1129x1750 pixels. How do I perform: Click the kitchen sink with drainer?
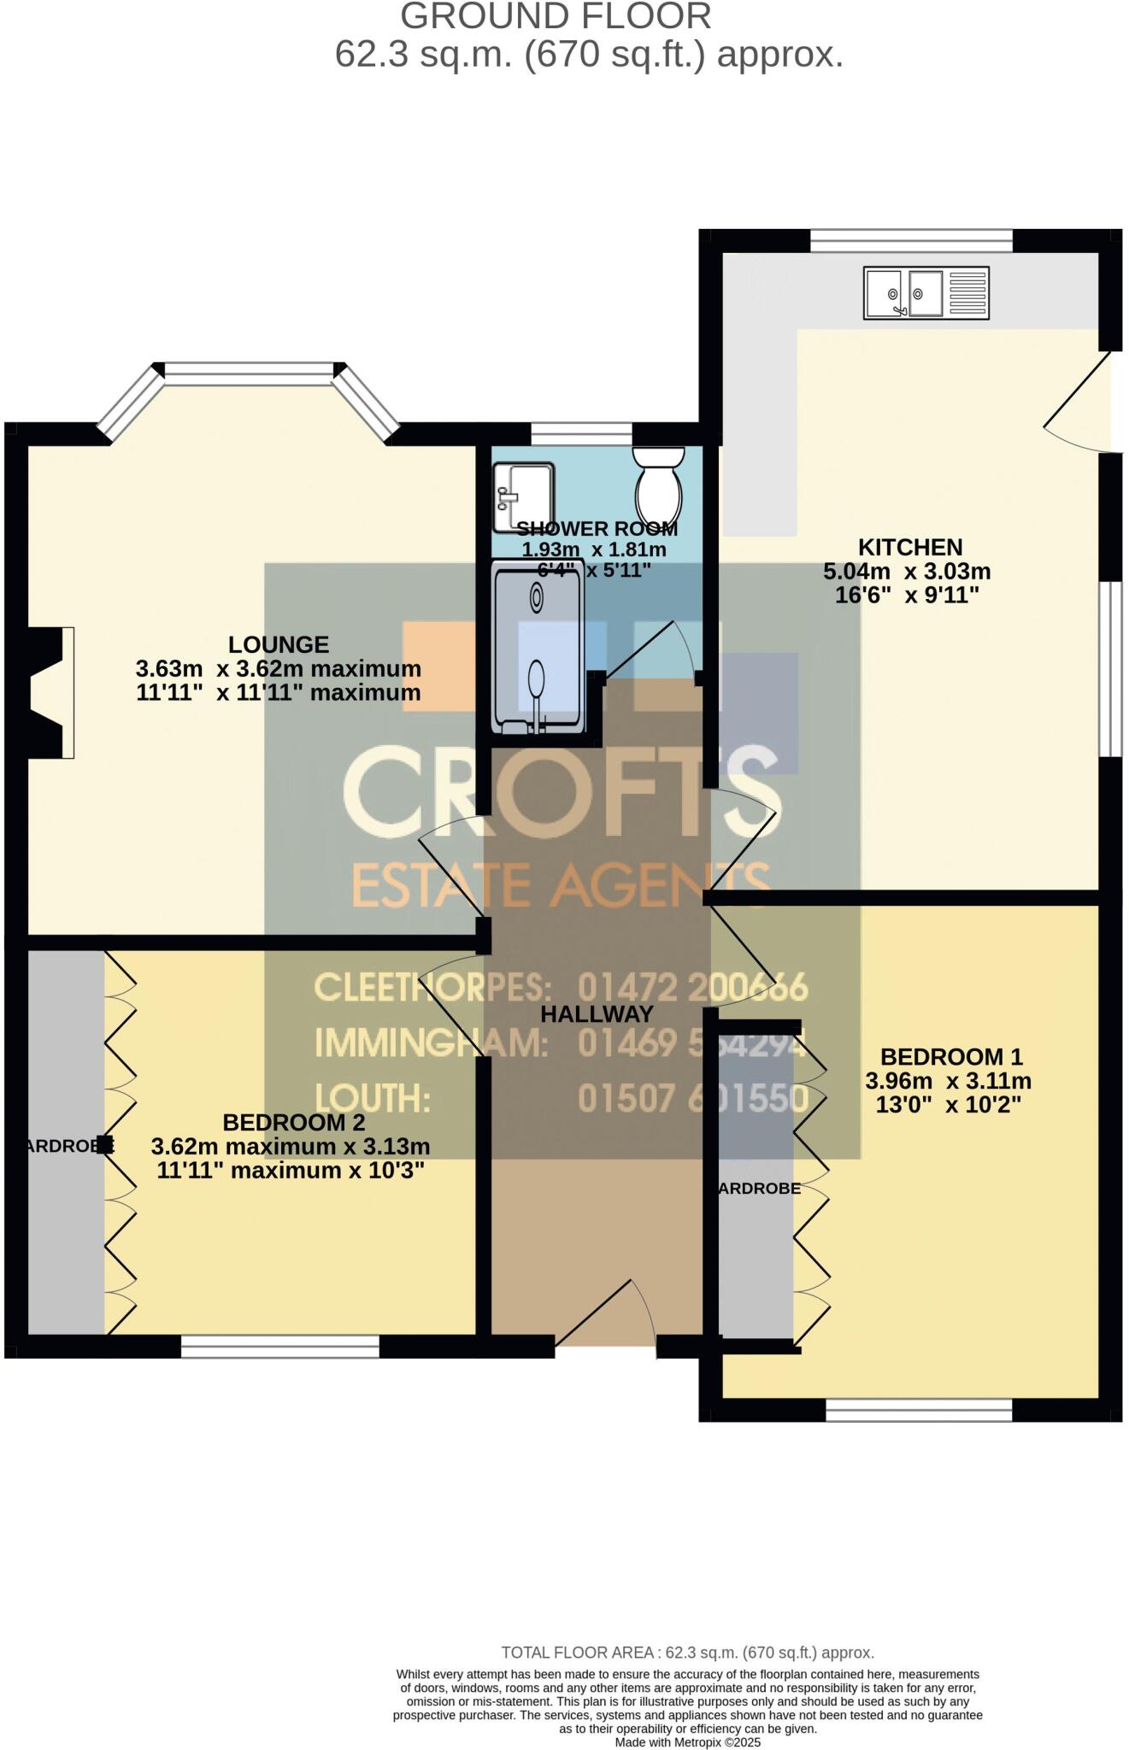(x=926, y=293)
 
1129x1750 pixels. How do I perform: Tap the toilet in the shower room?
(x=658, y=484)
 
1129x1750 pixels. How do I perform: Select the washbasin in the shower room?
(x=523, y=496)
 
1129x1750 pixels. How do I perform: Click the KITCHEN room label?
(x=909, y=547)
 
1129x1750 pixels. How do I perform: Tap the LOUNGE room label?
(x=279, y=644)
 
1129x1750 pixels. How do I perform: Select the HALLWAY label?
(x=597, y=1014)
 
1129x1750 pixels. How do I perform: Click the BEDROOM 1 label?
(x=951, y=1056)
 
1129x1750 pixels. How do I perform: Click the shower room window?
(x=581, y=433)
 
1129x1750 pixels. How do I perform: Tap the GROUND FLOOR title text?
(x=556, y=16)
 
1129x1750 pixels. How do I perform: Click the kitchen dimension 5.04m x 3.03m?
(x=906, y=571)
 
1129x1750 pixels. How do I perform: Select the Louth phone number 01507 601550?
(x=692, y=1099)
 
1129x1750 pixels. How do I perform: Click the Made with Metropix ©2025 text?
(x=687, y=1741)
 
